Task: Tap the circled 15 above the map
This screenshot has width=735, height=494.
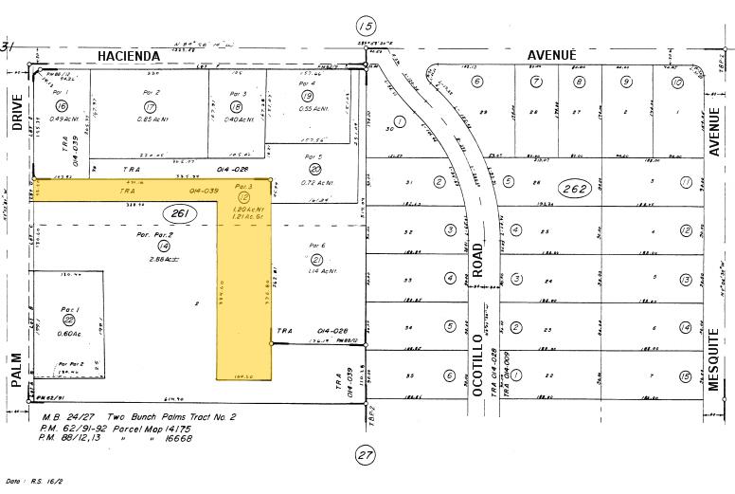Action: click(x=366, y=26)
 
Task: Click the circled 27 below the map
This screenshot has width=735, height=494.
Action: click(x=366, y=455)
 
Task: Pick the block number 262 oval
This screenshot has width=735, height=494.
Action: click(x=575, y=189)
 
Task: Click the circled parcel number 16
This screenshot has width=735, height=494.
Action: click(x=63, y=105)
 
